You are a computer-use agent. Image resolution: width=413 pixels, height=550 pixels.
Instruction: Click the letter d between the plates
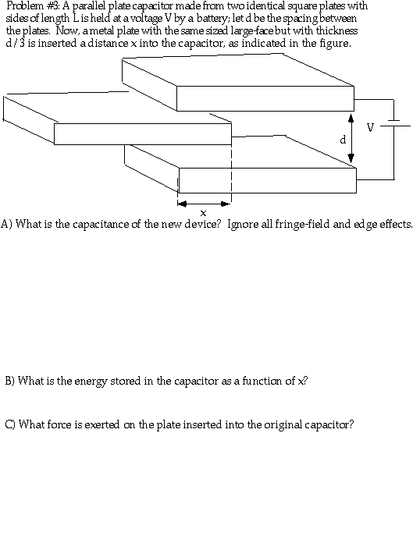[x=344, y=140]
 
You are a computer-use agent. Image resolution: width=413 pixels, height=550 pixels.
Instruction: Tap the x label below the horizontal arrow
[x=203, y=213]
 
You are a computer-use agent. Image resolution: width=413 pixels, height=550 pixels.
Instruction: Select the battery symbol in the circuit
[x=394, y=123]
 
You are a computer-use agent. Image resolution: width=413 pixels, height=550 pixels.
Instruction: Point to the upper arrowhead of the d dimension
[x=351, y=119]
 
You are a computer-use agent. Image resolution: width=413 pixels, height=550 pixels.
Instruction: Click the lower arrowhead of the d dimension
[x=351, y=159]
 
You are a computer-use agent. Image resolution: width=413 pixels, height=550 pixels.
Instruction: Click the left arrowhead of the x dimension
[x=181, y=204]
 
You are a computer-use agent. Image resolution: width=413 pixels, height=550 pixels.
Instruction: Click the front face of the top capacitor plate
[x=265, y=98]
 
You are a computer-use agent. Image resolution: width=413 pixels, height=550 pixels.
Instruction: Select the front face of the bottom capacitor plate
[x=268, y=180]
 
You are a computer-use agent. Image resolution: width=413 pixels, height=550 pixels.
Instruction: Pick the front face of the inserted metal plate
[x=143, y=134]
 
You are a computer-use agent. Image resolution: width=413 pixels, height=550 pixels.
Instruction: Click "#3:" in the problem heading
[x=52, y=5]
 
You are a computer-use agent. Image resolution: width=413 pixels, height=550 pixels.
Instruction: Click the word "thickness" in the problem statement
[x=336, y=30]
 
